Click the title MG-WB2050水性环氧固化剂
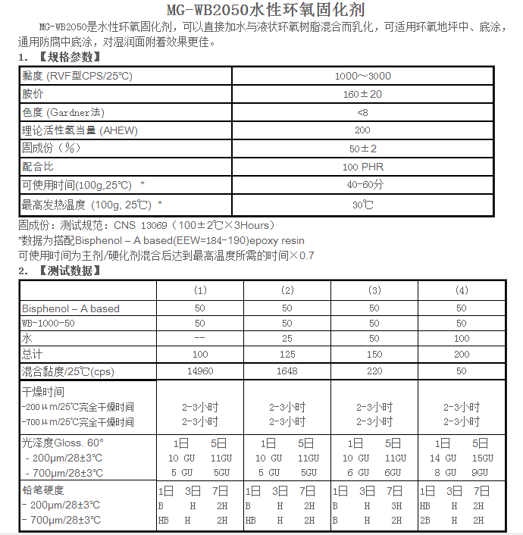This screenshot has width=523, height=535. pyautogui.click(x=261, y=10)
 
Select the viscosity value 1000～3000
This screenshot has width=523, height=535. pyautogui.click(x=362, y=76)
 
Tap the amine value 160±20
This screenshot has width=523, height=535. pyautogui.click(x=362, y=94)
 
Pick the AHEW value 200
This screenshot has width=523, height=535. pyautogui.click(x=362, y=130)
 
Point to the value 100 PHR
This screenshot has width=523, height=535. pyautogui.click(x=362, y=167)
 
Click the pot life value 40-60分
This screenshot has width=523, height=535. pyautogui.click(x=362, y=185)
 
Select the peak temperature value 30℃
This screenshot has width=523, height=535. pyautogui.click(x=362, y=205)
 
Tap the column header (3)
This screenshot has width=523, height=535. pyautogui.click(x=374, y=290)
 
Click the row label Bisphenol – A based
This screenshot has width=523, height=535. pyautogui.click(x=70, y=308)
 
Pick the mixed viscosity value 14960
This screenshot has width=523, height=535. pyautogui.click(x=200, y=371)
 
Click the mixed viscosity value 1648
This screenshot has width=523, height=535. pyautogui.click(x=287, y=371)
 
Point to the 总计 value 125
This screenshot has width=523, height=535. pyautogui.click(x=287, y=354)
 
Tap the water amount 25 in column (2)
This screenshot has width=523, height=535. pyautogui.click(x=287, y=339)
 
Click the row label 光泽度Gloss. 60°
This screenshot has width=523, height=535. pyautogui.click(x=63, y=443)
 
